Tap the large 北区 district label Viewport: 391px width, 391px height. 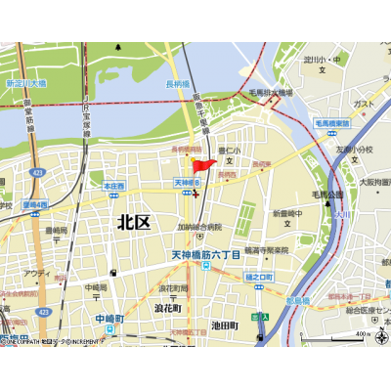coord(134,222)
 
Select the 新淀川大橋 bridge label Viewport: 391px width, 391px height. coord(26,85)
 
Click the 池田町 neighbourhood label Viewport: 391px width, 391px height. coord(224,324)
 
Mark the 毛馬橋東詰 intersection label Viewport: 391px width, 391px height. coord(333,123)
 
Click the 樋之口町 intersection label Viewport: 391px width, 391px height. coord(261,276)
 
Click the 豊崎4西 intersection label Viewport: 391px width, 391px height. coord(35,204)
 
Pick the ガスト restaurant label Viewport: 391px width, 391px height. coord(364,103)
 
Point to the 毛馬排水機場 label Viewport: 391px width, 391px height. coord(270,93)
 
